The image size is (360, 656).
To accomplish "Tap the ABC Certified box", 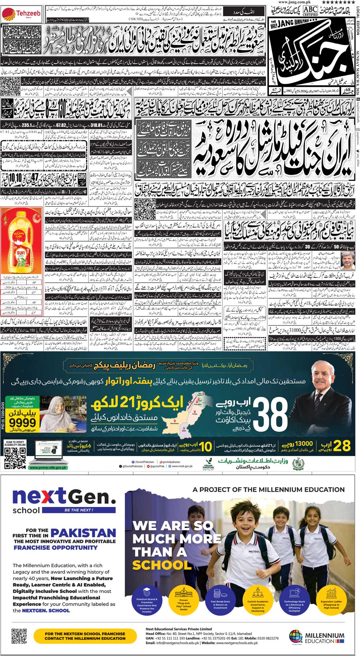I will (310, 11).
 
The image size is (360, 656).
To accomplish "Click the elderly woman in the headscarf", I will (56, 412).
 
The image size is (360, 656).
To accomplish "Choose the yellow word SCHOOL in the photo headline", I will (162, 565).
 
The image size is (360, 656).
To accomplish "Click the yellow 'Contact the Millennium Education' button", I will (85, 636).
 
